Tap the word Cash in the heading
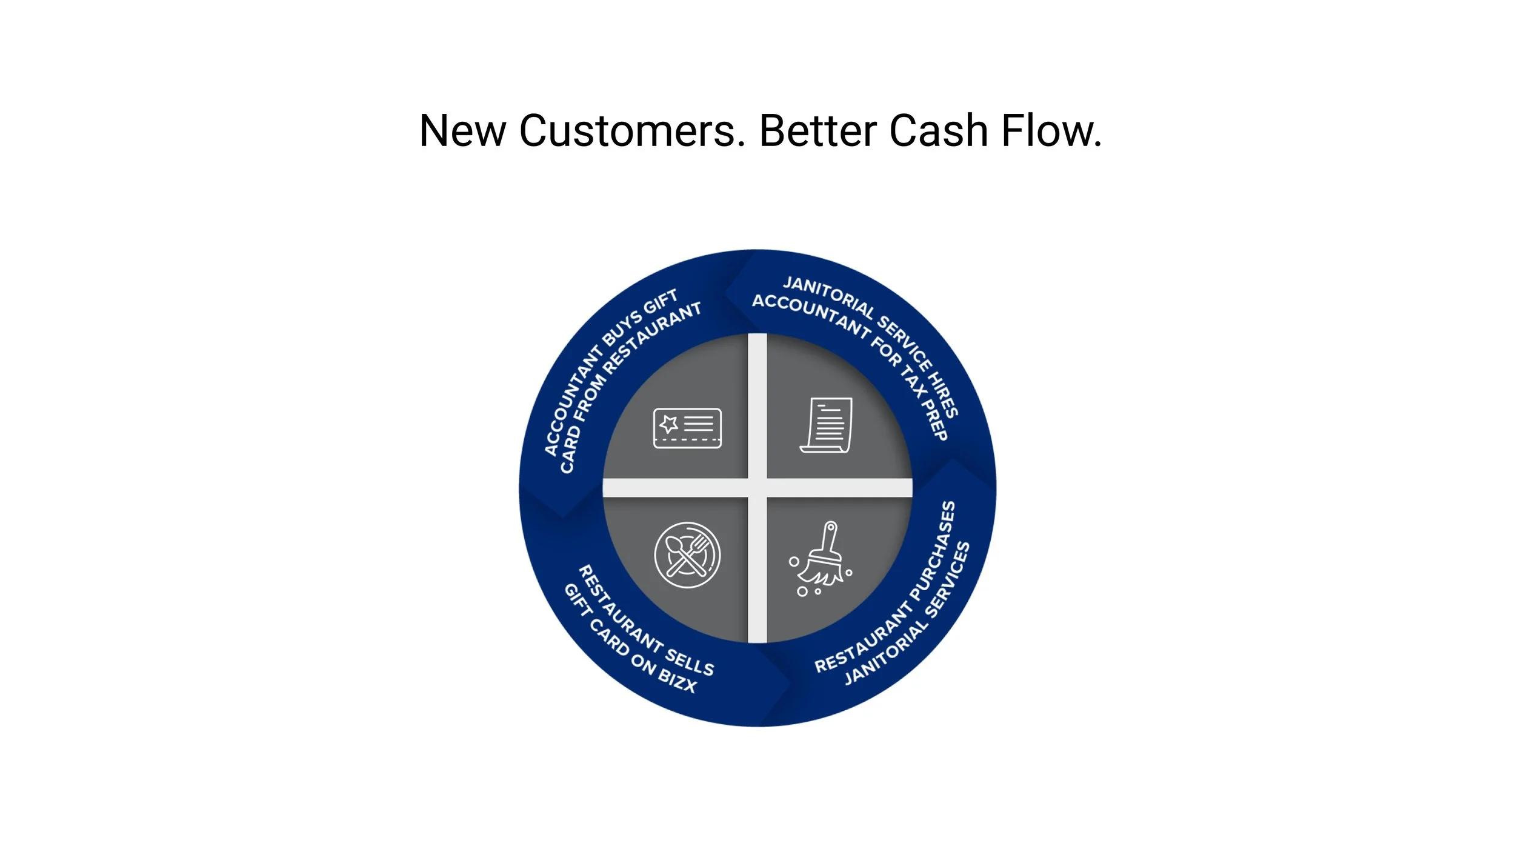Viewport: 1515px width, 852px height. (938, 131)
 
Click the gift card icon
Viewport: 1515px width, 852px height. (687, 428)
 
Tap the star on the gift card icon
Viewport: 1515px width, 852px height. (668, 424)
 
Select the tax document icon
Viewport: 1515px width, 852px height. (827, 425)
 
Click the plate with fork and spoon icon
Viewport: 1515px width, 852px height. (687, 555)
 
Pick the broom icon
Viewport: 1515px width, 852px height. (822, 559)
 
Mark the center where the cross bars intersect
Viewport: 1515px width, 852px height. (757, 488)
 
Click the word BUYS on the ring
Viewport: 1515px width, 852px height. (622, 328)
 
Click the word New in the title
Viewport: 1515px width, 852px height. (462, 131)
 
